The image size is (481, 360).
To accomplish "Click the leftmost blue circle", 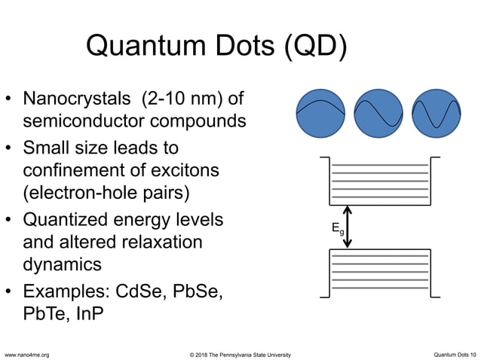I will [321, 114].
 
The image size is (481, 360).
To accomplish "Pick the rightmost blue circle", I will [437, 114].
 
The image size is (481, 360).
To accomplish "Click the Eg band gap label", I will [336, 229].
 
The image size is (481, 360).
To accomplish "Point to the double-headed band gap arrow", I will [348, 226].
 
